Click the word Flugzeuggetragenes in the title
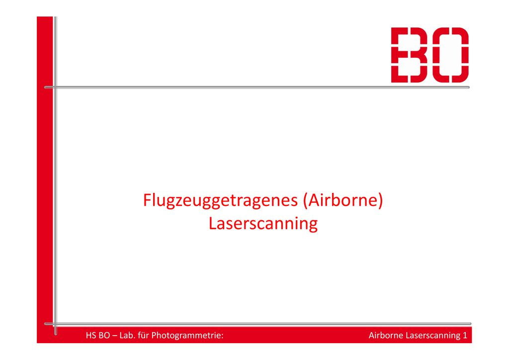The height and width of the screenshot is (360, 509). tap(220, 201)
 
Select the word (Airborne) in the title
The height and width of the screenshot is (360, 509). tap(343, 200)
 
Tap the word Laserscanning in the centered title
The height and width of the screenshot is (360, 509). tap(263, 224)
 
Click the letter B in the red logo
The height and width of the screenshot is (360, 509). tap(409, 55)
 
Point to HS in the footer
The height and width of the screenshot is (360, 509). tap(90, 335)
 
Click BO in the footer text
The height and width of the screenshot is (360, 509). tap(104, 335)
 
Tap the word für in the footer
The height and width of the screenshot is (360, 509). tap(143, 335)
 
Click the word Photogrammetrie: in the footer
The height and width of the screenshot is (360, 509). tap(187, 336)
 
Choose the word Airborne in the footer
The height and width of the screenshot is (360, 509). tap(386, 335)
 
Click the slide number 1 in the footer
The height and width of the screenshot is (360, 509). tap(465, 335)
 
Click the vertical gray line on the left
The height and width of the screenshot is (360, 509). tap(56, 176)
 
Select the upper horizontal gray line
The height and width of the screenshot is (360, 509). tap(257, 88)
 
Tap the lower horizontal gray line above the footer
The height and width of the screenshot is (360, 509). tap(258, 324)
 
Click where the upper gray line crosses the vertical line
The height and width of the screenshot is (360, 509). tap(56, 88)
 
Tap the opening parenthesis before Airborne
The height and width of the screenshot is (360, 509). tap(306, 200)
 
